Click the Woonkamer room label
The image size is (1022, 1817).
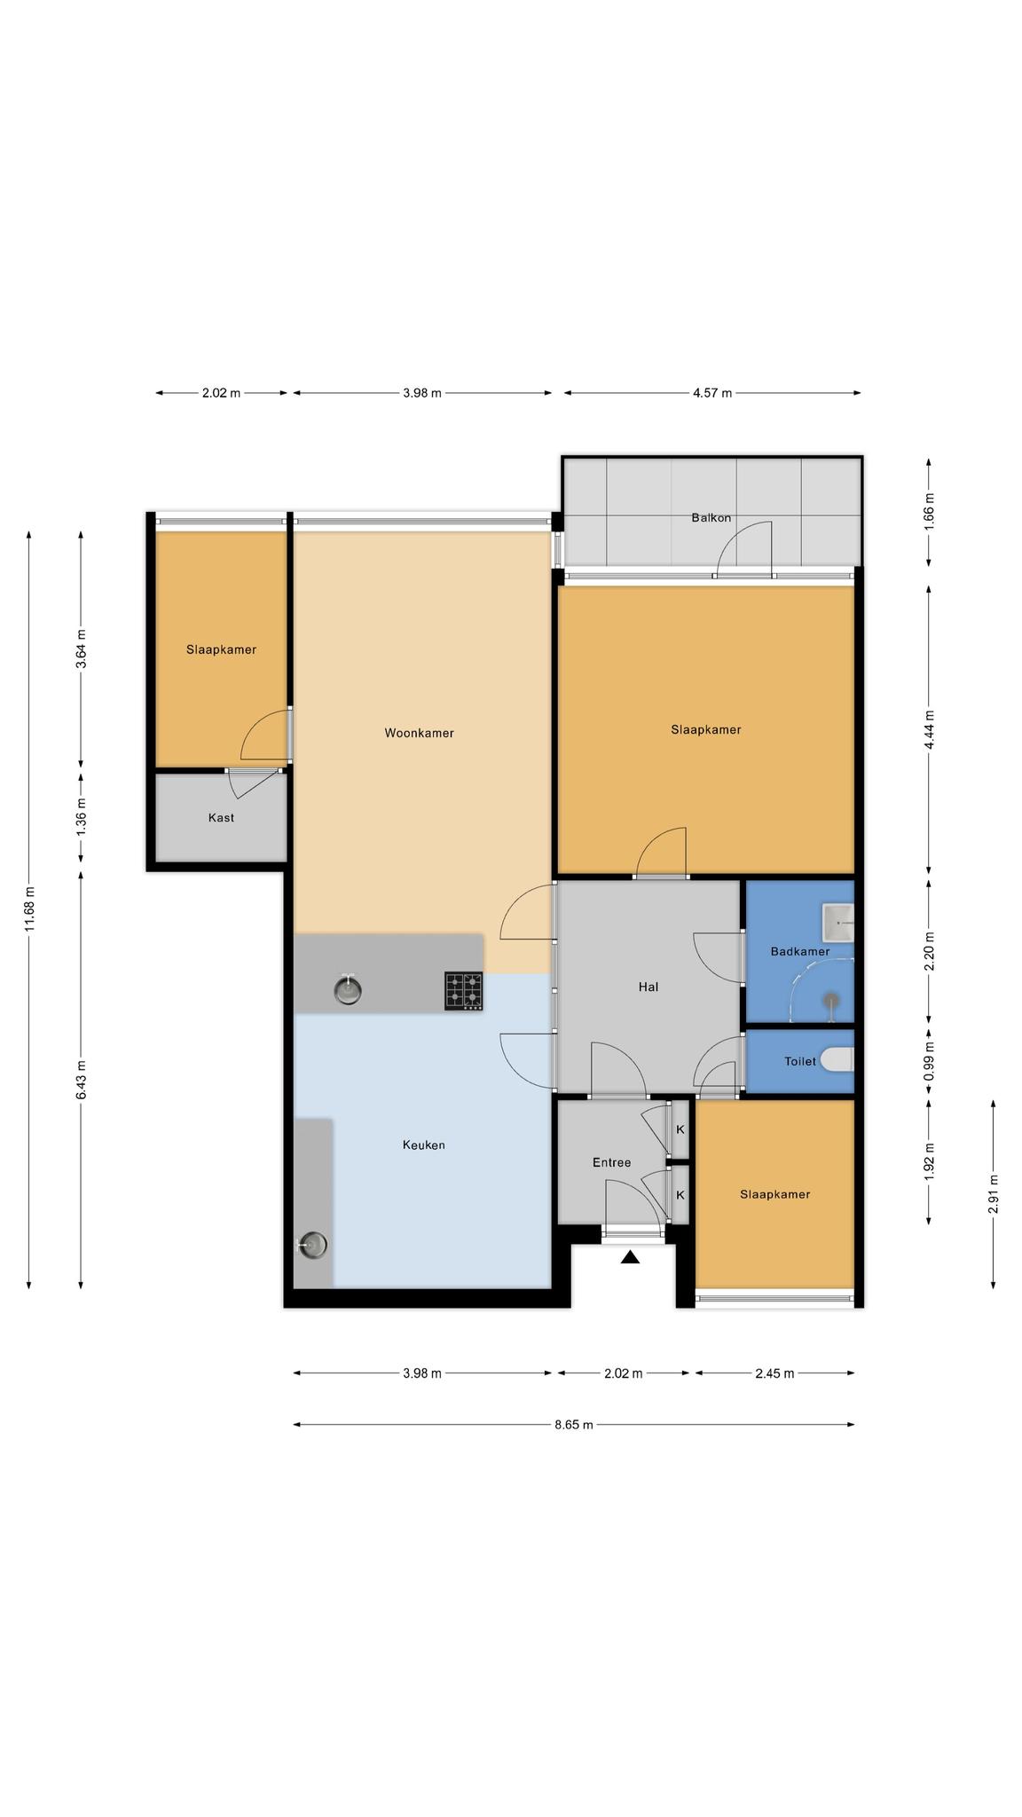[419, 733]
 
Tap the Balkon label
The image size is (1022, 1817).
[711, 517]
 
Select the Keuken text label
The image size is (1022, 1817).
[424, 1144]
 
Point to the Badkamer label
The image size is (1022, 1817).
[800, 951]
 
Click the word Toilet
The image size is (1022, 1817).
[800, 1061]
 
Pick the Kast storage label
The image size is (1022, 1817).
[221, 817]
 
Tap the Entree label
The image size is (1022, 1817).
[612, 1162]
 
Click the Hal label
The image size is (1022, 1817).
[649, 987]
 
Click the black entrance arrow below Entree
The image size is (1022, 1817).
[630, 1256]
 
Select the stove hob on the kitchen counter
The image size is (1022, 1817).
[464, 991]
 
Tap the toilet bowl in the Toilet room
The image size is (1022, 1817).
[837, 1059]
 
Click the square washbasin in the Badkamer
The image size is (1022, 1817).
[837, 923]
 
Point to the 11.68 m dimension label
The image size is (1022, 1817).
[29, 909]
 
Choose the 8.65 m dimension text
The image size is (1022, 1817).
[574, 1425]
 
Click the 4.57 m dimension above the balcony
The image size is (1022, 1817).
[712, 393]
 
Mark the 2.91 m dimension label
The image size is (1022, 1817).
[994, 1194]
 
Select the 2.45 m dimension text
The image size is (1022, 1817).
[774, 1373]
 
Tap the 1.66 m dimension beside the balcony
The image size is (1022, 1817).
[929, 511]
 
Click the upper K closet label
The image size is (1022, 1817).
[680, 1129]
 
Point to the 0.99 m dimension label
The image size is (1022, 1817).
[929, 1061]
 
